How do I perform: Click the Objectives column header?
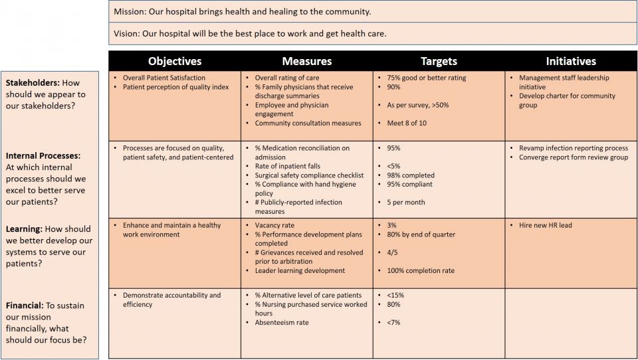(x=174, y=61)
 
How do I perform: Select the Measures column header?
(x=306, y=61)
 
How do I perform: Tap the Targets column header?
(x=439, y=61)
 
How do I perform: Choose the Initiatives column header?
(x=571, y=61)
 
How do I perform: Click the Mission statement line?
(x=242, y=12)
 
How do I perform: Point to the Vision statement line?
(x=250, y=33)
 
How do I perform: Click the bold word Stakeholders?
(x=32, y=83)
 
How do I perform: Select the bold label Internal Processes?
(x=43, y=155)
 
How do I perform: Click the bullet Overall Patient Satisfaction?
(x=164, y=78)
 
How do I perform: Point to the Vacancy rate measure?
(x=274, y=225)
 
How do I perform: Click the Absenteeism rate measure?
(x=282, y=322)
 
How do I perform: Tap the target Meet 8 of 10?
(x=407, y=123)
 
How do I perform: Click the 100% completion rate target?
(x=421, y=270)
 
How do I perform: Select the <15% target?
(x=395, y=295)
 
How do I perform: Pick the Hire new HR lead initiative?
(x=545, y=225)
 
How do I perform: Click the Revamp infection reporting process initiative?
(x=574, y=148)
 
